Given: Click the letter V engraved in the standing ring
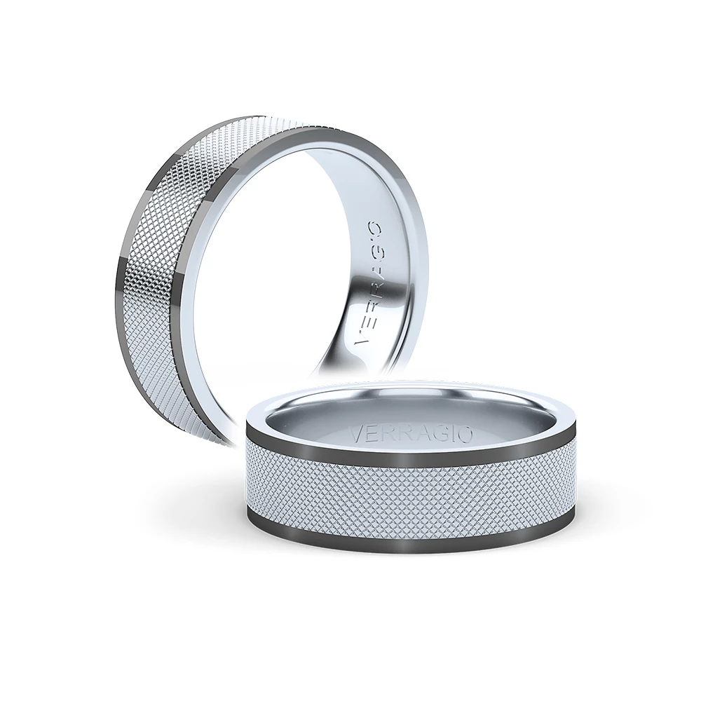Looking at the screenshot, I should [x=360, y=341].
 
